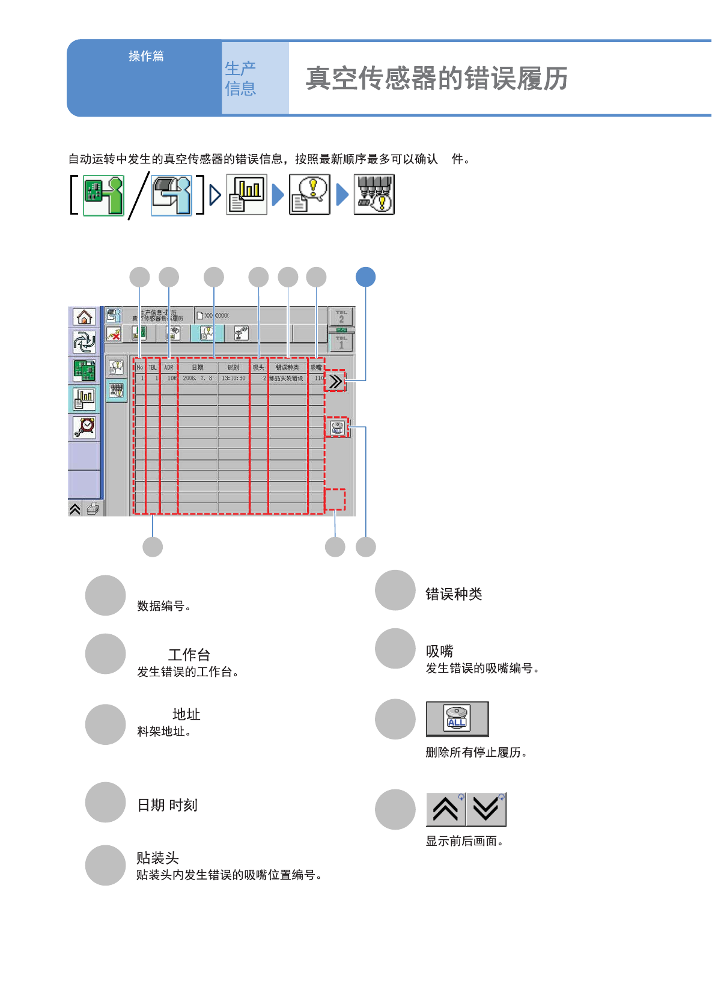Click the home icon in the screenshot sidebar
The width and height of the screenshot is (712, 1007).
click(x=84, y=317)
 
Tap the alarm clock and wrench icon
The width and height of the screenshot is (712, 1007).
click(x=84, y=427)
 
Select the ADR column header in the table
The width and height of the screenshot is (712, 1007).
click(x=169, y=367)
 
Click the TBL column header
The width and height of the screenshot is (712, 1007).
click(x=153, y=367)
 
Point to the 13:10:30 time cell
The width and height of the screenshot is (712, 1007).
click(x=234, y=378)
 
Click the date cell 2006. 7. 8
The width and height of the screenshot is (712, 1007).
click(x=198, y=378)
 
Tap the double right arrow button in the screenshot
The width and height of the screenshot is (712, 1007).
click(x=335, y=381)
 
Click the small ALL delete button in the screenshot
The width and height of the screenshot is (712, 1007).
click(x=337, y=427)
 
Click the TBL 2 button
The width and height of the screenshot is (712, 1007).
click(x=341, y=317)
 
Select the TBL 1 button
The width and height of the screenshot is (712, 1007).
click(x=341, y=343)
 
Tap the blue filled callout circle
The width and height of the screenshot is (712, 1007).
click(x=365, y=277)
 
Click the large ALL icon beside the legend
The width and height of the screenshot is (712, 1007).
click(x=457, y=718)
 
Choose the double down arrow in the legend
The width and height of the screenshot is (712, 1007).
click(x=486, y=809)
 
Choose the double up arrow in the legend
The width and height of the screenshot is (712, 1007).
click(x=446, y=809)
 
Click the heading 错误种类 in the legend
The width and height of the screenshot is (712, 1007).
click(x=454, y=594)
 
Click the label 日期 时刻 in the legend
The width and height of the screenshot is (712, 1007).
click(x=167, y=805)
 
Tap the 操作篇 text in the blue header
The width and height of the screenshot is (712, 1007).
click(x=146, y=56)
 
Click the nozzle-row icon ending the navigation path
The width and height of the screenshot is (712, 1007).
click(x=374, y=194)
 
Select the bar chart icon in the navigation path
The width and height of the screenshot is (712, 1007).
click(x=246, y=194)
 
